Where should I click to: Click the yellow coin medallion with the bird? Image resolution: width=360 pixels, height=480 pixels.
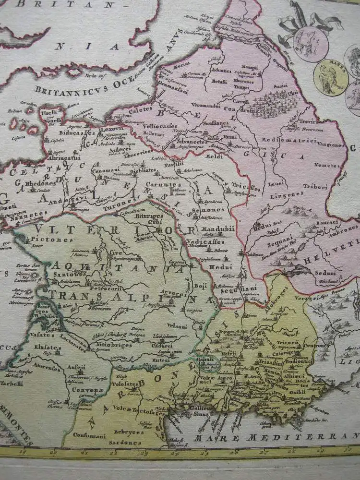[331, 77]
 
